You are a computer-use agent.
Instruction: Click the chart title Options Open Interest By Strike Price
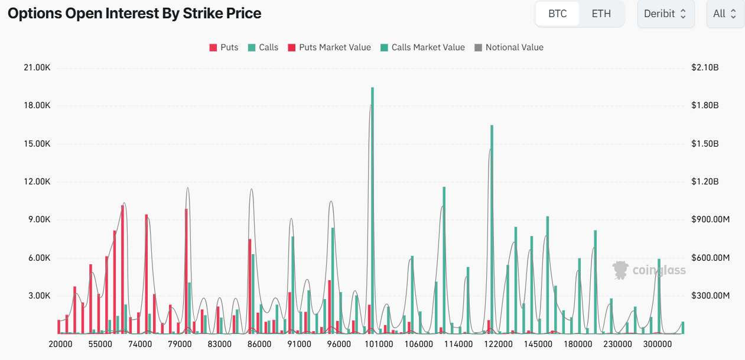pyautogui.click(x=134, y=14)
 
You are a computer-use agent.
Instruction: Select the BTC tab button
pyautogui.click(x=557, y=14)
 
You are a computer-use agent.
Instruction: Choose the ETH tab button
pyautogui.click(x=601, y=14)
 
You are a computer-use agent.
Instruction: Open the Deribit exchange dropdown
pyautogui.click(x=665, y=14)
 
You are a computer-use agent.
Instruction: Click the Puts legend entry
pyautogui.click(x=224, y=47)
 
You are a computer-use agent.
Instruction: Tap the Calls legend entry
pyautogui.click(x=263, y=47)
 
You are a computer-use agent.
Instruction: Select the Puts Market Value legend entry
pyautogui.click(x=329, y=47)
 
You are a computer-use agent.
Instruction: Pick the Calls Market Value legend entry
pyautogui.click(x=422, y=47)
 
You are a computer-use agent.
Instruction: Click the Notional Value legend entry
pyautogui.click(x=509, y=47)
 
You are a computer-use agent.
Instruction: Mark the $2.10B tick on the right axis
pyautogui.click(x=704, y=67)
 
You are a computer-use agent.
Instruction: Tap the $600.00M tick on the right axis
pyautogui.click(x=710, y=258)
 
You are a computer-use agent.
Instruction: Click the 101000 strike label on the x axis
pyautogui.click(x=379, y=343)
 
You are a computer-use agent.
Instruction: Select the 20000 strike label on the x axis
pyautogui.click(x=61, y=343)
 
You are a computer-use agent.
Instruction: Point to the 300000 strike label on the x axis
pyautogui.click(x=658, y=343)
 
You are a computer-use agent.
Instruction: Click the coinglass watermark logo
pyautogui.click(x=649, y=270)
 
